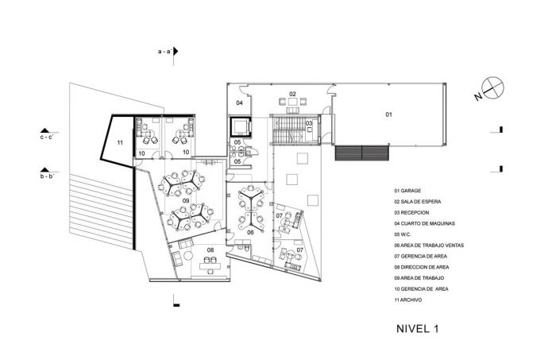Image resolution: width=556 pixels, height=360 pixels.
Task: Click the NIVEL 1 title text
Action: click(x=417, y=328)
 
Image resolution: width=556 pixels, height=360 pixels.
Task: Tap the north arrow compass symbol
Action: click(x=493, y=87)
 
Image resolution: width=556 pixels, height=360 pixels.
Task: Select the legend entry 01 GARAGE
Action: click(x=407, y=191)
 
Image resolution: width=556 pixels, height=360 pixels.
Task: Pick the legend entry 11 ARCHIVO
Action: click(x=408, y=300)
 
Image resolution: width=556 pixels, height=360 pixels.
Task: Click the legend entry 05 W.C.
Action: click(x=403, y=234)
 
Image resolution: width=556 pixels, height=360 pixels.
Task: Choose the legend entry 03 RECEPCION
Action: click(x=411, y=212)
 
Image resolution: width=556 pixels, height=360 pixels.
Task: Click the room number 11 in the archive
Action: click(x=120, y=142)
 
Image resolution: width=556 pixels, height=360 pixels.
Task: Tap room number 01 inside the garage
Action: click(x=389, y=114)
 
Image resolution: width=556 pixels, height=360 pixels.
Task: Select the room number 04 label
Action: click(x=240, y=103)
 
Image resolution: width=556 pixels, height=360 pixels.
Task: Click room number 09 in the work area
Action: click(x=186, y=201)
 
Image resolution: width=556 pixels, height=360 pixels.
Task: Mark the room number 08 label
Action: click(x=210, y=250)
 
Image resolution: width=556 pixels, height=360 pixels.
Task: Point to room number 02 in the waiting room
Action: click(x=292, y=94)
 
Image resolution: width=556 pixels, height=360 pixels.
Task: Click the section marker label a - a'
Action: click(x=165, y=52)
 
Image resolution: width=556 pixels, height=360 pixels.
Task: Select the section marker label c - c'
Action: click(x=47, y=137)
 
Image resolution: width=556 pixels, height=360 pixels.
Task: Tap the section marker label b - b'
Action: click(x=47, y=176)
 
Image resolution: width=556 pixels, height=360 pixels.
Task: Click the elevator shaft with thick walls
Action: click(x=241, y=126)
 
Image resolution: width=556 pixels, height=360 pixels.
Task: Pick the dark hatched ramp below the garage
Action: click(x=362, y=153)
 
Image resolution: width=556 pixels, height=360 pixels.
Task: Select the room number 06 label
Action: click(x=250, y=232)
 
